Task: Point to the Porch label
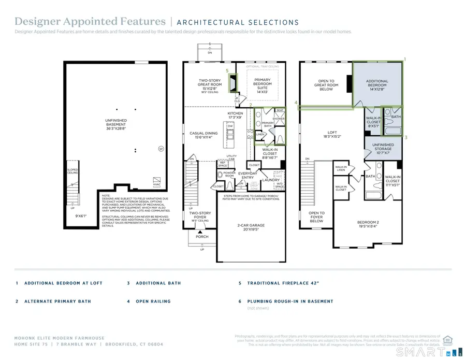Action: (x=202, y=237)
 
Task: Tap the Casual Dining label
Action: (x=203, y=135)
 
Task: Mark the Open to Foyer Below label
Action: (x=316, y=217)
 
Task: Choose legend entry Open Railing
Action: (x=155, y=301)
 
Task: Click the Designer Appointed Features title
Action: (x=90, y=21)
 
